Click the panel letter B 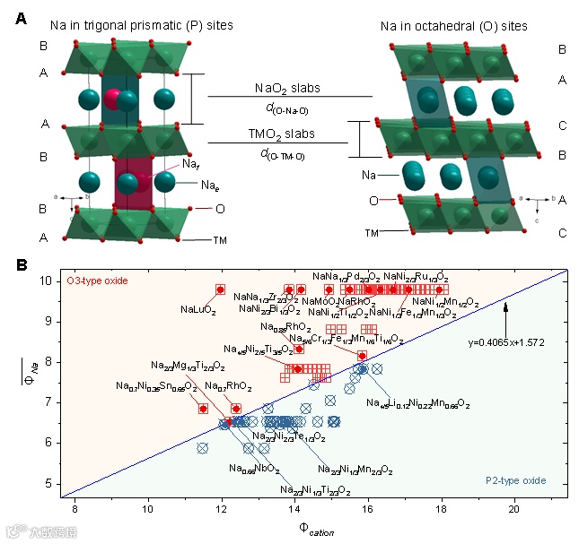click(22, 266)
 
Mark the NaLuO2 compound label click(197, 309)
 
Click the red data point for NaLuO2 click(220, 289)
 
